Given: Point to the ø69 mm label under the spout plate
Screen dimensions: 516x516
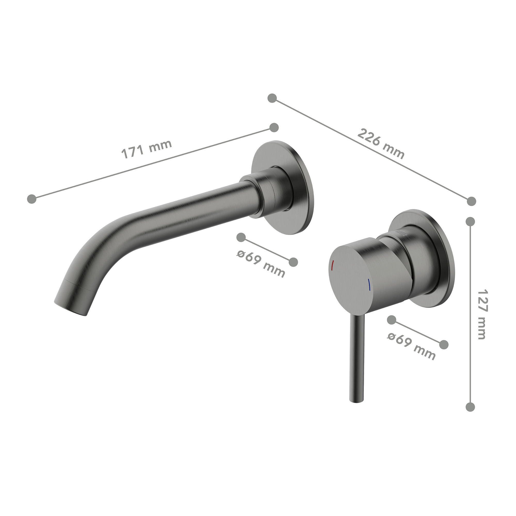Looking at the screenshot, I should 261,263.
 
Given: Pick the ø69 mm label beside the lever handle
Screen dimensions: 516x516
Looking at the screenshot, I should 411,346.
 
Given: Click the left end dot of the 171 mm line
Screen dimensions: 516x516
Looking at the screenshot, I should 32,199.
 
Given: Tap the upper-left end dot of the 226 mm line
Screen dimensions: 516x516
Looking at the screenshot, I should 272,98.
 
